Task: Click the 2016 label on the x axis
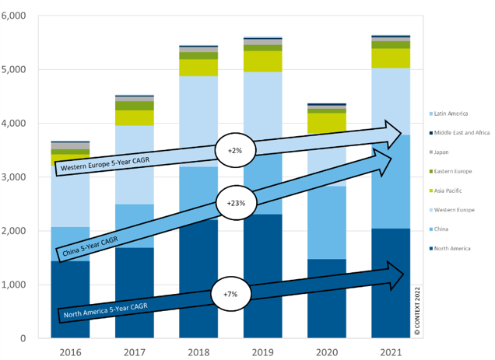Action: (x=70, y=351)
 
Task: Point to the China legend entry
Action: (x=441, y=229)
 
